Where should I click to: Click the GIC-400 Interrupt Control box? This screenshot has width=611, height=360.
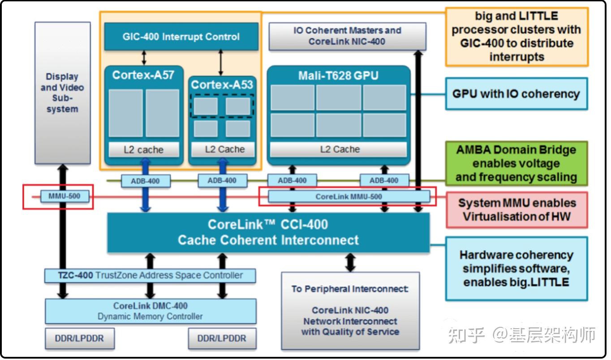coord(181,37)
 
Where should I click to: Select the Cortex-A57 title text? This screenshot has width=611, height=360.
coord(143,75)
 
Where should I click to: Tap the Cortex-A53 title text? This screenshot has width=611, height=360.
coord(222,85)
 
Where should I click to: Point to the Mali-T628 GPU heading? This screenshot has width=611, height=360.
coord(338,76)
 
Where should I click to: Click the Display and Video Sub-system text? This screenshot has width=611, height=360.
coord(62,93)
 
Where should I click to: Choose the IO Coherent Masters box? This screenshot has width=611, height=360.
coord(347,36)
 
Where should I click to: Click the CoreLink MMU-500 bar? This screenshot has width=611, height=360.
coord(349,197)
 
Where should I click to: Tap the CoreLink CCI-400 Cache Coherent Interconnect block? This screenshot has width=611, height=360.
coord(268,232)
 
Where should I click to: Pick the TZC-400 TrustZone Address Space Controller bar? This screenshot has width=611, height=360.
coord(150,275)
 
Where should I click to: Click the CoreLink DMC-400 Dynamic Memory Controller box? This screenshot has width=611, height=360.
coord(151,311)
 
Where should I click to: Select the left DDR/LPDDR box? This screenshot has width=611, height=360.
coord(79,339)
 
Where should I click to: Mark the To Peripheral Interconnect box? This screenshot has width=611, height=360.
coord(350,310)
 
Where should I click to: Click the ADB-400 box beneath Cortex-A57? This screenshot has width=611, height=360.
coord(140,181)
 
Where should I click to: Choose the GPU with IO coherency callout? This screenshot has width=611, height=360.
coord(516,94)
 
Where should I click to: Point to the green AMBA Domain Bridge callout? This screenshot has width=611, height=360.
coord(516,163)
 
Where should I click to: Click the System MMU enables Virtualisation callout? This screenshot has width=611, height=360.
coord(516,210)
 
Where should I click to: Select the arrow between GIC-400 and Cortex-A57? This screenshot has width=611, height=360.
coord(144,58)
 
